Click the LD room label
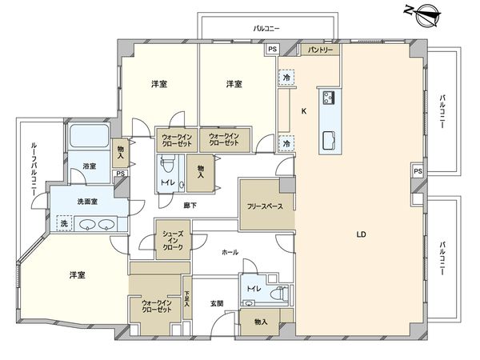click(362, 234)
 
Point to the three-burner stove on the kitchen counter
click(328, 98)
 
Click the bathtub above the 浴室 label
click(89, 137)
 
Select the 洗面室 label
click(87, 201)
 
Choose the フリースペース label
click(263, 206)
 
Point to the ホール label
click(230, 251)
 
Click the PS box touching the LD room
click(418, 171)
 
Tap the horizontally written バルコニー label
click(266, 29)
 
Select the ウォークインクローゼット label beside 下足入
click(156, 306)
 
